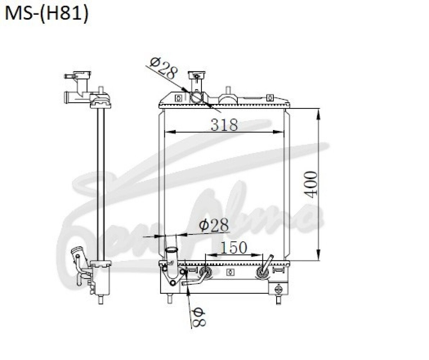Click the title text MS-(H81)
[x=46, y=14]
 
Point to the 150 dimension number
[x=233, y=247]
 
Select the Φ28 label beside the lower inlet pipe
[x=214, y=225]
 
